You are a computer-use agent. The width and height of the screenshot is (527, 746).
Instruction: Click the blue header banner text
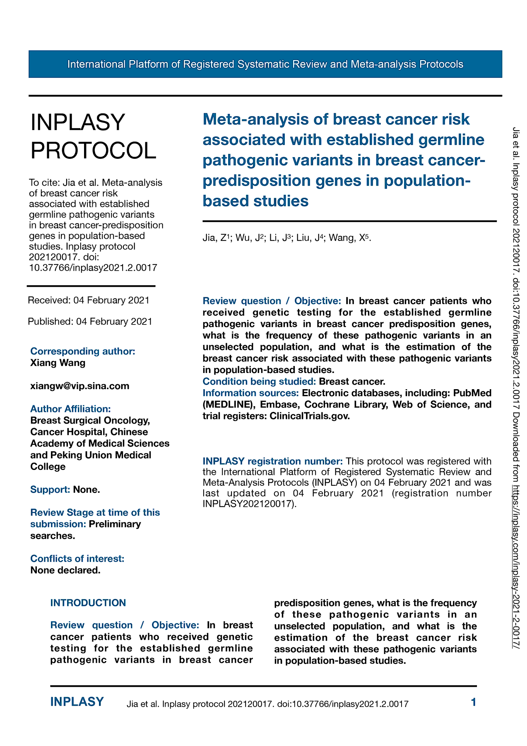coord(265,64)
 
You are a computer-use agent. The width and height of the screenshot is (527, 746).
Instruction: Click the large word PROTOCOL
coord(94,150)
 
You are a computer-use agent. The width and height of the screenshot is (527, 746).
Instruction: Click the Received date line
coord(89,300)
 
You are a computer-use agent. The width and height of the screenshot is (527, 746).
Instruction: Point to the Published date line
coord(90,321)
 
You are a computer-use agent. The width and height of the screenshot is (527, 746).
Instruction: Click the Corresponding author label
coord(83,351)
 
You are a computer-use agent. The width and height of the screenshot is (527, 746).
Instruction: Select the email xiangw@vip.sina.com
coord(79,386)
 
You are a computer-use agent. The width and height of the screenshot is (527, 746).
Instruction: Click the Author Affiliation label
coord(70,409)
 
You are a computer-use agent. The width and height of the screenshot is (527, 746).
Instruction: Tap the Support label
coord(50,489)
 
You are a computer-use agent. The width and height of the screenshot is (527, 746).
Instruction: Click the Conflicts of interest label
coord(77,559)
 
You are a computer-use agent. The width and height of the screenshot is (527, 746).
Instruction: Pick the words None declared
coord(65,570)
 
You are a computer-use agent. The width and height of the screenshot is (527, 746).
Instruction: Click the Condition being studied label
coord(259,381)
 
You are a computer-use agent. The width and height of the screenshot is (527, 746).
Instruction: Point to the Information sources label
coord(250,393)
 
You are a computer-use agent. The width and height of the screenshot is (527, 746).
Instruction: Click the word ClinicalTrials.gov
coord(309,416)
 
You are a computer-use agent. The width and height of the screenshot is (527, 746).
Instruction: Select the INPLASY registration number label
coord(272,461)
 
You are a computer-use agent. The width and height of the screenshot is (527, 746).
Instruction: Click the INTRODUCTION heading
coord(88,603)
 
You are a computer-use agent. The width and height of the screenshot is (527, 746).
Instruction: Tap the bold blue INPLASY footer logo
coord(77,702)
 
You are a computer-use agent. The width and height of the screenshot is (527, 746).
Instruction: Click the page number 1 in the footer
coord(474,702)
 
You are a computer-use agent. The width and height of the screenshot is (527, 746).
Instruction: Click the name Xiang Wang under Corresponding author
coord(58,363)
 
